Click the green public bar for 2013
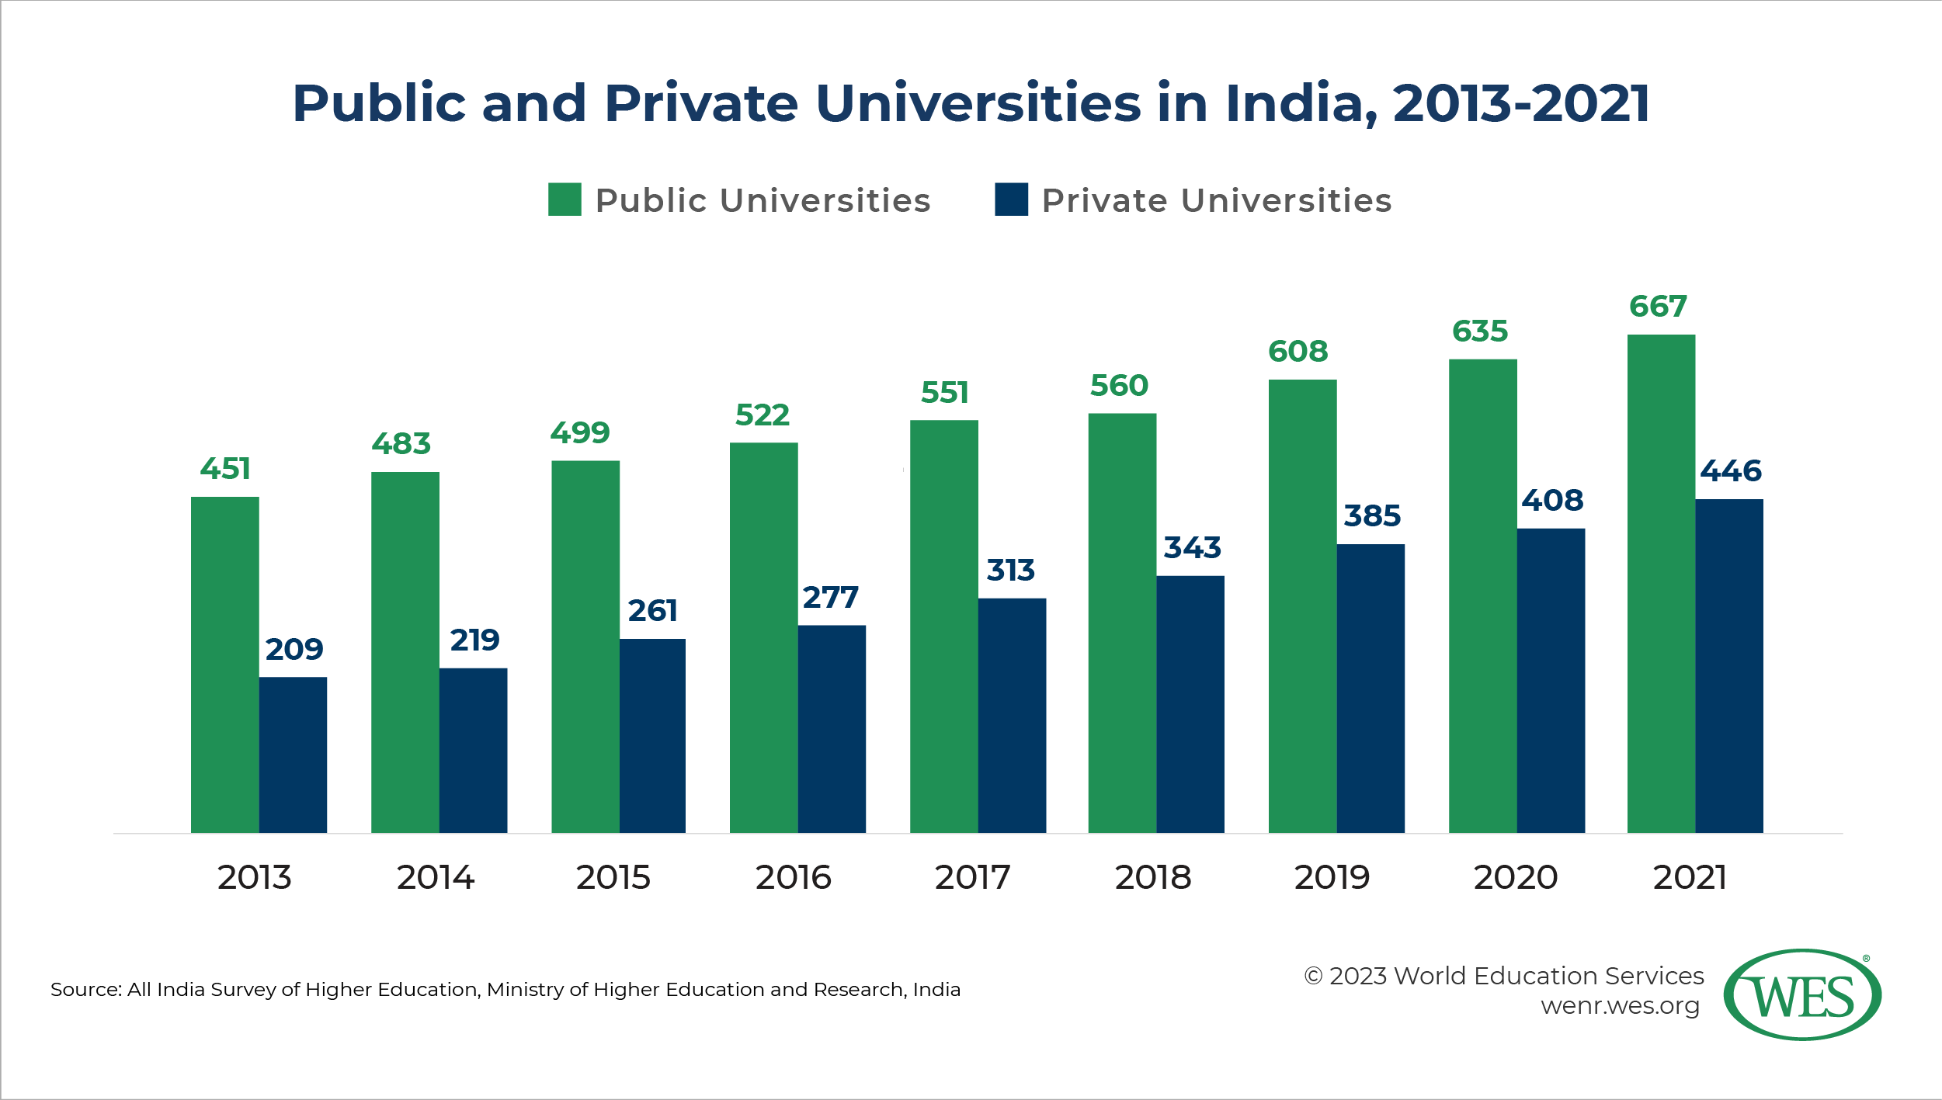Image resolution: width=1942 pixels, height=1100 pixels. point(224,665)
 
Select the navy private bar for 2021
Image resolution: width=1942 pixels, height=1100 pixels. point(1729,666)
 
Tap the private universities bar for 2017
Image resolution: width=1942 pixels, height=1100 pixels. point(1012,715)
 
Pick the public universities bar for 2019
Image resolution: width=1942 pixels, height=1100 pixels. point(1302,606)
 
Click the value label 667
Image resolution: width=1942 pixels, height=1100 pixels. point(1658,307)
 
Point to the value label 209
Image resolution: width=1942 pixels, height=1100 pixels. point(294,649)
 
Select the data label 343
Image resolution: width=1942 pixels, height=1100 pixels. point(1192,548)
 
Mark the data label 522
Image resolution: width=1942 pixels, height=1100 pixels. point(762,415)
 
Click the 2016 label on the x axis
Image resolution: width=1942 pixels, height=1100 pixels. point(793,877)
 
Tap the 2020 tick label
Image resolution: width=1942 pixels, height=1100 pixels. point(1515,877)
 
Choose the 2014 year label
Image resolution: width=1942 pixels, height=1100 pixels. point(435,877)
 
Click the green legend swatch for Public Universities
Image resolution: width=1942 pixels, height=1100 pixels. point(565,200)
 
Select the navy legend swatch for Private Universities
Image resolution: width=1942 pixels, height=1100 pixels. point(1011,200)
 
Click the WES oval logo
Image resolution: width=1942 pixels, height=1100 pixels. point(1802,994)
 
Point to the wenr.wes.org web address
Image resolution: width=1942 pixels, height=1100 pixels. point(1620,1006)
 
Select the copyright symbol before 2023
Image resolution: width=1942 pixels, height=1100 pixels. point(1313,977)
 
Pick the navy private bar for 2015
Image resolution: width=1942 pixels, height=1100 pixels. point(652,736)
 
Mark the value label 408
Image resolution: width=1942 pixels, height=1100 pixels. point(1551,501)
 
